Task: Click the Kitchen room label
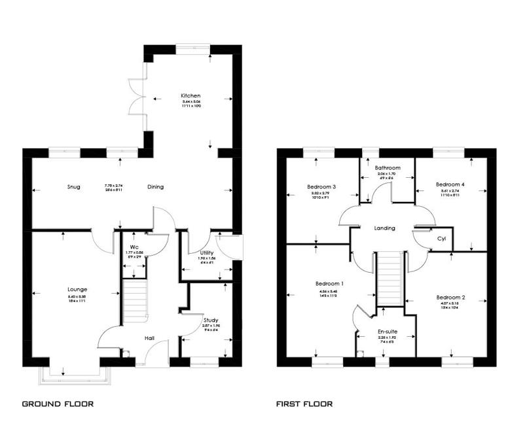point(191,96)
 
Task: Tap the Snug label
point(73,187)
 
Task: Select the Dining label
point(155,187)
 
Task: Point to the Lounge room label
point(77,289)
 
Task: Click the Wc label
point(134,247)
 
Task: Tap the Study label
point(211,320)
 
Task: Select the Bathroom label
point(388,168)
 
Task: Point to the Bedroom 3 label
point(321,186)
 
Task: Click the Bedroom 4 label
point(450,184)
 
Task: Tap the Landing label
point(384,228)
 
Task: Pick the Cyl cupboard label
point(442,239)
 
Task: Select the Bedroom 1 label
point(329,284)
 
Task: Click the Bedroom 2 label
point(450,298)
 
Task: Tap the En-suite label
point(388,332)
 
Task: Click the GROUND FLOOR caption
point(58,404)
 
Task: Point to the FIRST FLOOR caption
point(305,404)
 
